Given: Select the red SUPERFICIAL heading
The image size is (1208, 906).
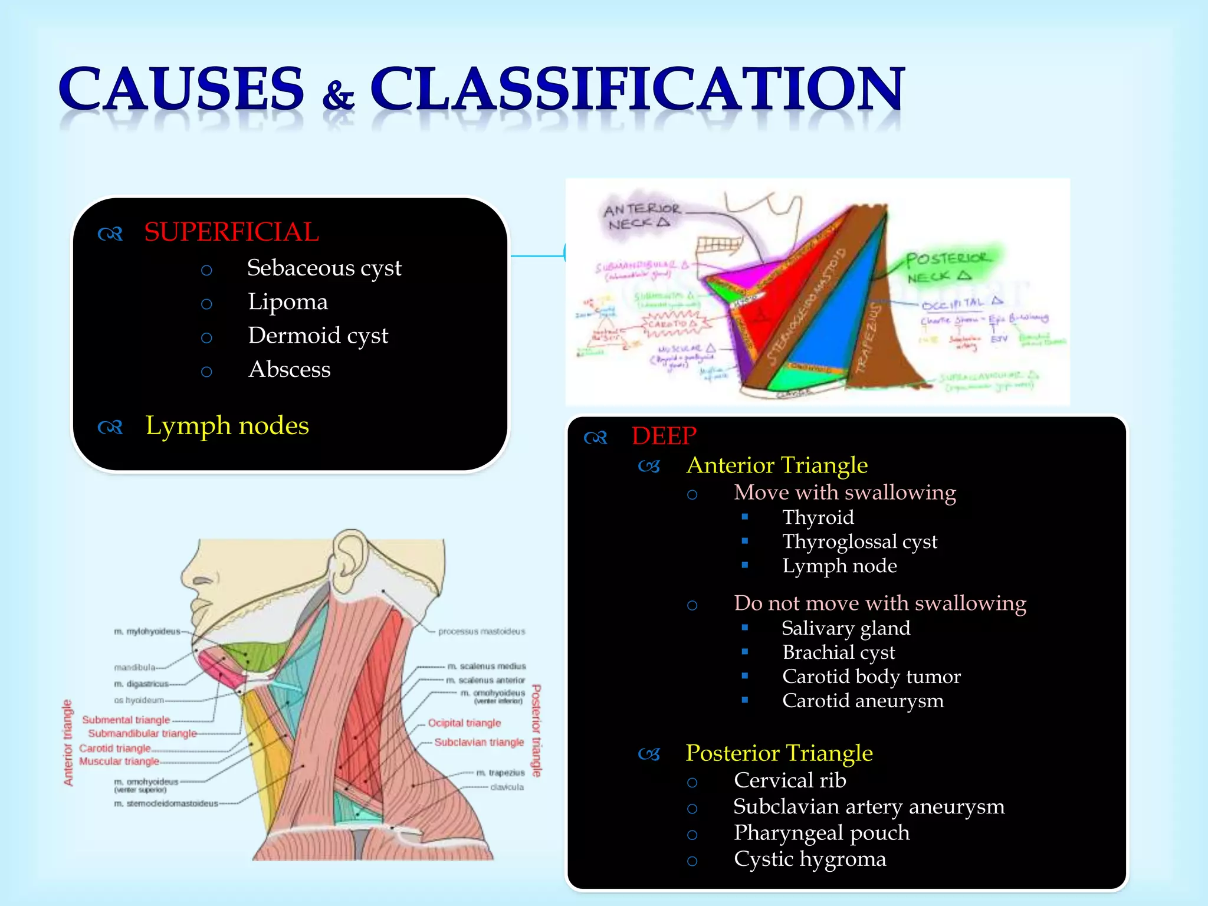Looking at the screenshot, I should point(231,232).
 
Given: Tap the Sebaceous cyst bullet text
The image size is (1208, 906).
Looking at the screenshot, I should point(324,268).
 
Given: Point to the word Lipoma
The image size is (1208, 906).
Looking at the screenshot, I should point(287,302).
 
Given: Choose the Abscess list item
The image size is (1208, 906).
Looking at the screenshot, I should point(289,370).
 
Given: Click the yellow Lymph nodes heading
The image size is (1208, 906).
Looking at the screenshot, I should point(227,426).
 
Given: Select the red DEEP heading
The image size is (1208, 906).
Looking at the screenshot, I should point(664,436).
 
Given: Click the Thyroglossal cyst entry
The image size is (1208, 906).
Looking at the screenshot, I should point(859,541).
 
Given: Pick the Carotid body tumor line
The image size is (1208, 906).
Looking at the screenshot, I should point(871,677).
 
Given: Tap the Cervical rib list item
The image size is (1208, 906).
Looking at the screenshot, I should point(790,780).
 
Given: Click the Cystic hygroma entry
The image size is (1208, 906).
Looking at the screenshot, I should point(809,859).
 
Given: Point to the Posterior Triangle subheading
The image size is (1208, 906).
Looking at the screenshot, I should point(779,754).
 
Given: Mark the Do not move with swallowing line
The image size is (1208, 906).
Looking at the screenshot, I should point(879,603).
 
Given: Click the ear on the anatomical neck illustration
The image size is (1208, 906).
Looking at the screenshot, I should point(349,560).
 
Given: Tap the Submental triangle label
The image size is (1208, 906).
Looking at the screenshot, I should point(126,720).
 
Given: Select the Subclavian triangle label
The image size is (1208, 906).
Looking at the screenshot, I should point(479,743).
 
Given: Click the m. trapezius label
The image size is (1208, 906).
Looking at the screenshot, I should point(500,773).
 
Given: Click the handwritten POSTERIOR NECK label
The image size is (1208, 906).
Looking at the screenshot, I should point(947,267).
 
